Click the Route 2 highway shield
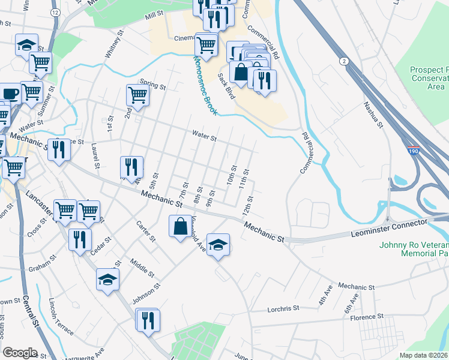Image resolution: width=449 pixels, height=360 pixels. coord(344,61)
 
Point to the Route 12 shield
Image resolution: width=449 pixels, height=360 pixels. coord(55,12)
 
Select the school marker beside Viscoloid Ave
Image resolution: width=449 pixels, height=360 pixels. coord(218,244)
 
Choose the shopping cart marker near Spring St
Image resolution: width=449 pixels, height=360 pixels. coord(137,95)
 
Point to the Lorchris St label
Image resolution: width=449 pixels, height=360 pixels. coord(283,308)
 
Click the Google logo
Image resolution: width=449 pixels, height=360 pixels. coord(19,352)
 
